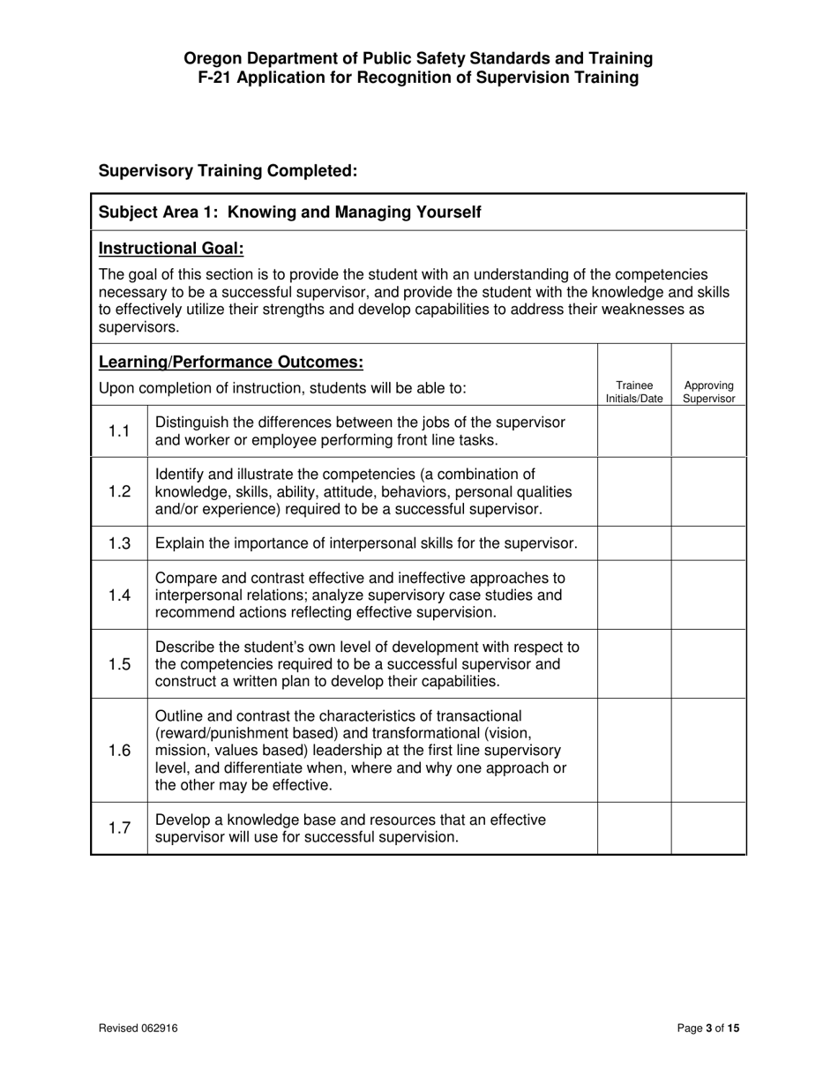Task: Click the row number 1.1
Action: pos(119,431)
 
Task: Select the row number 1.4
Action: pos(119,595)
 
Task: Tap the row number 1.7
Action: pos(119,828)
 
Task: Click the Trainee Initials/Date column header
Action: pos(634,392)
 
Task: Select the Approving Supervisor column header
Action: pos(708,392)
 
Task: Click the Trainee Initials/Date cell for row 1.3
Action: pos(634,543)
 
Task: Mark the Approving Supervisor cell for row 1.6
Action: pos(708,750)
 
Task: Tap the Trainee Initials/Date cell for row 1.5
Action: pos(634,664)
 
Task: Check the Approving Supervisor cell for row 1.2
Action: pos(708,491)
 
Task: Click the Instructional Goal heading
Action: pos(171,249)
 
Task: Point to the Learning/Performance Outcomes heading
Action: pos(230,363)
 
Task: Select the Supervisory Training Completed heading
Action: pos(228,170)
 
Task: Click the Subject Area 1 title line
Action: pos(290,213)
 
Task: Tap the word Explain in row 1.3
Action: pos(180,543)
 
